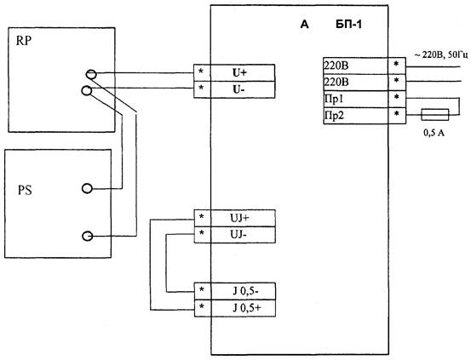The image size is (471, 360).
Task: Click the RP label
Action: [x=24, y=41]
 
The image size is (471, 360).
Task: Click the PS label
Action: [x=25, y=191]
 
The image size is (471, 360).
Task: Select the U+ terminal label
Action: [x=239, y=72]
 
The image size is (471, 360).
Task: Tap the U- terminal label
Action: [x=238, y=89]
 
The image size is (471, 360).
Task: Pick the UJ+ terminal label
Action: [x=239, y=218]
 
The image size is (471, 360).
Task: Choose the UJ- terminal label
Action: [x=238, y=234]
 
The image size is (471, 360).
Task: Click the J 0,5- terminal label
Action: [x=245, y=291]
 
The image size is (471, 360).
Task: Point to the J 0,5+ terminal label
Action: [x=246, y=308]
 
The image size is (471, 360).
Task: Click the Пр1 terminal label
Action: [x=333, y=99]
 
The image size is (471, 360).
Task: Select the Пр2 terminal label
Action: [x=334, y=115]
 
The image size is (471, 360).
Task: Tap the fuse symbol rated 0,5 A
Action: [x=435, y=114]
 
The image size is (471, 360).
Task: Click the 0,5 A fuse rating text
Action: [x=434, y=133]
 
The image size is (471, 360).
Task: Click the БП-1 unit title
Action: [x=348, y=25]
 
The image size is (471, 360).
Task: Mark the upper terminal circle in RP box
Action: [x=91, y=74]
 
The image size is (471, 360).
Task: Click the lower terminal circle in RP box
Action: [x=87, y=90]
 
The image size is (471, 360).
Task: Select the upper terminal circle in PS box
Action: [x=87, y=188]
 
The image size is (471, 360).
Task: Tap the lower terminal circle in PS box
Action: [x=87, y=236]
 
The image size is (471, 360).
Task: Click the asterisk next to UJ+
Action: [x=201, y=217]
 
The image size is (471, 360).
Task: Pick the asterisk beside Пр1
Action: [x=397, y=97]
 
